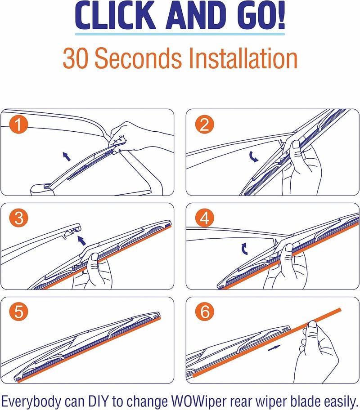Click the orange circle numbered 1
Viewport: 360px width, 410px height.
pyautogui.click(x=18, y=124)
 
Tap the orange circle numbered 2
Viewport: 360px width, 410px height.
pyautogui.click(x=204, y=124)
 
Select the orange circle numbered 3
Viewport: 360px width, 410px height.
pyautogui.click(x=18, y=218)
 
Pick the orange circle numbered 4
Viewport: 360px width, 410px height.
pyautogui.click(x=204, y=218)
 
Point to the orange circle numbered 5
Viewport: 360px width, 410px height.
pyautogui.click(x=18, y=312)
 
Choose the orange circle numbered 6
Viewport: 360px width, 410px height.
pyautogui.click(x=204, y=312)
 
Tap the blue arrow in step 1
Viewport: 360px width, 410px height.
pyautogui.click(x=67, y=156)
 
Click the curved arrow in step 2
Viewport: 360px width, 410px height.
pyautogui.click(x=253, y=156)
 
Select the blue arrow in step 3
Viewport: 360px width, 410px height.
pyautogui.click(x=81, y=240)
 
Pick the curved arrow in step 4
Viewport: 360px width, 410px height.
pyautogui.click(x=244, y=249)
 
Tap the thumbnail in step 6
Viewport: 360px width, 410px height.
pyautogui.click(x=312, y=325)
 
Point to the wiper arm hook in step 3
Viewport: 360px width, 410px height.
pyautogui.click(x=72, y=230)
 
